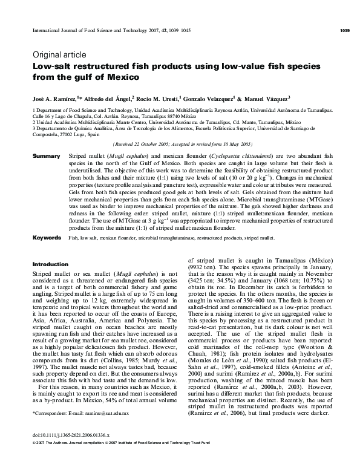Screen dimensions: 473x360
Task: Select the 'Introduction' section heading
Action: [x=50, y=264]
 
